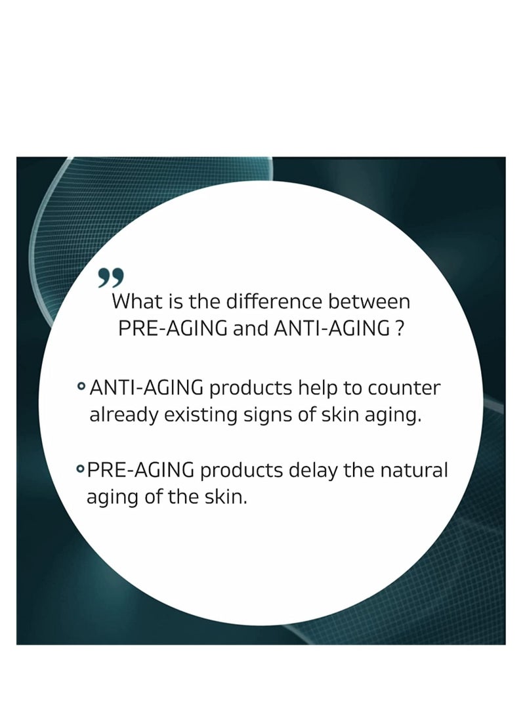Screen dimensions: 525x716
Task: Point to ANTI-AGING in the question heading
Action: (x=331, y=329)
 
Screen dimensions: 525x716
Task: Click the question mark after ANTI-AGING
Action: (x=400, y=329)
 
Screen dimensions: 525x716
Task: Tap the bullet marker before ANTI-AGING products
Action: (x=81, y=387)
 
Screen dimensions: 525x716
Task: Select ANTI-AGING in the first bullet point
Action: (x=146, y=388)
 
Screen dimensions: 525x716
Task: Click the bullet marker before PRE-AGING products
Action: (x=80, y=468)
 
